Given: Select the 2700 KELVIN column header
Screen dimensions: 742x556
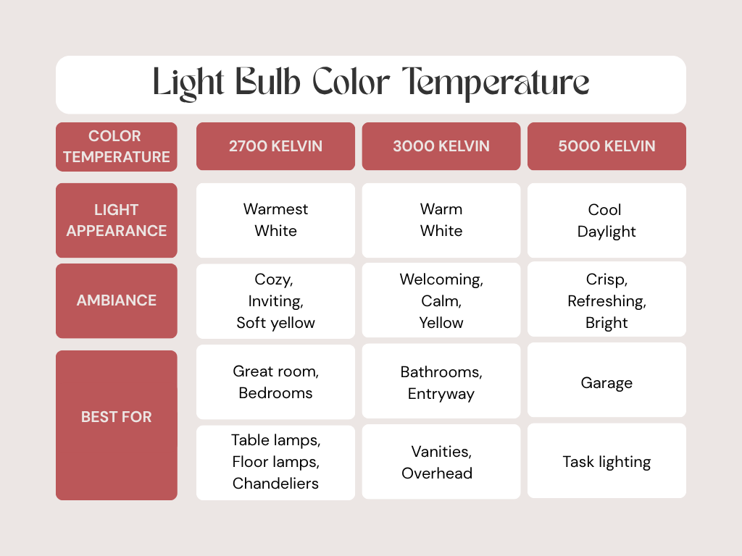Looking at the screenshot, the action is point(275,146).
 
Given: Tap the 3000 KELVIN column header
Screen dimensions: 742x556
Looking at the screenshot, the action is point(441,146).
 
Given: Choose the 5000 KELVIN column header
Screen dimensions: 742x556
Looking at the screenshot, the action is point(606,146).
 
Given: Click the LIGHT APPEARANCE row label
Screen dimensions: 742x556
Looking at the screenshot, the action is point(117,220).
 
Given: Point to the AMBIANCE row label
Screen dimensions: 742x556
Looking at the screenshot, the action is point(117,300).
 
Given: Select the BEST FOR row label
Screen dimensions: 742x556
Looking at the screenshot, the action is point(117,425).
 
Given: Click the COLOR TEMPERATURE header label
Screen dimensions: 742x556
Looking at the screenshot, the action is point(117,146).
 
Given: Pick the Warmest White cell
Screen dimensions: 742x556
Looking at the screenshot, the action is point(275,220).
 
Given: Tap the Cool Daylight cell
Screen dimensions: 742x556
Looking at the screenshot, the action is point(606,220).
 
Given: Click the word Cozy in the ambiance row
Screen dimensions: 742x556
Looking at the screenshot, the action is point(273,279).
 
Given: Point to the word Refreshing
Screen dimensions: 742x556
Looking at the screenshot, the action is point(606,301).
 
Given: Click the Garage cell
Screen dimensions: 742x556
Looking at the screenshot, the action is point(606,380).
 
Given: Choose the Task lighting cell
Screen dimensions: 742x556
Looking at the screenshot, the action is point(606,461).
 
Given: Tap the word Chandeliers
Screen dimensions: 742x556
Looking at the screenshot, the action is point(275,483).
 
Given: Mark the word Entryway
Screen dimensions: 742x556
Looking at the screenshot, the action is point(441,395).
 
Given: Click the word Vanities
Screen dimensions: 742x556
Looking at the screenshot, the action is point(441,452).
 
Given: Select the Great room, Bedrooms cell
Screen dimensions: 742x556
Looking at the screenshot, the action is point(275,382).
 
